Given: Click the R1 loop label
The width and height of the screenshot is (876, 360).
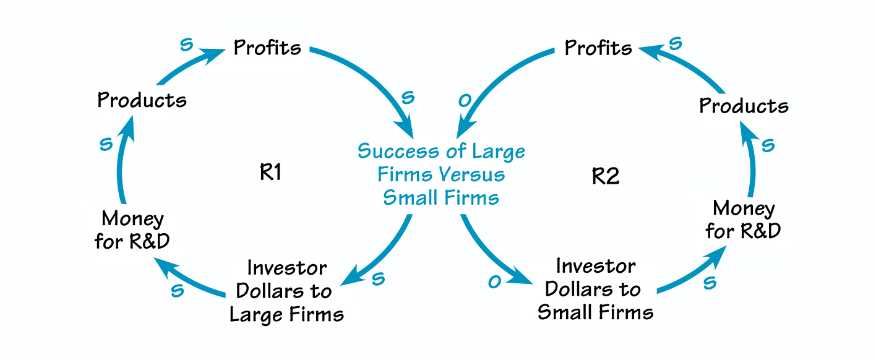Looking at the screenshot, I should tap(270, 173).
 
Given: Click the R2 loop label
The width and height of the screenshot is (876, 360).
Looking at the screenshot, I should tap(606, 176).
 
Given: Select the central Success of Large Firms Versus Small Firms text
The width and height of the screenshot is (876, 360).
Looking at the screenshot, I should tap(441, 174).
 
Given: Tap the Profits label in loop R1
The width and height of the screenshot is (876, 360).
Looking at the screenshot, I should tap(267, 48).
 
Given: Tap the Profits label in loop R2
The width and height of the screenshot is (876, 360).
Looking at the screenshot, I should tap(598, 48).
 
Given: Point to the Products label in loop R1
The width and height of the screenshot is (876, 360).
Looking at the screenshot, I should tap(142, 100).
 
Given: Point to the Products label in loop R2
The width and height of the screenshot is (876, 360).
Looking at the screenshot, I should tap(744, 106).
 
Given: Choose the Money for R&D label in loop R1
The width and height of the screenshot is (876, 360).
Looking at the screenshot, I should tap(132, 229).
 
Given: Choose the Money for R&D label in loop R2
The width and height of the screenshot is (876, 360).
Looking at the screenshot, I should tap(743, 220).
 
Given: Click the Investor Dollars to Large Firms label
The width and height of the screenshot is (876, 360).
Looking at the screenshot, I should tap(286, 291).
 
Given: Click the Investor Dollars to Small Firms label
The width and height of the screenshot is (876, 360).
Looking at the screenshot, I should tap(595, 289).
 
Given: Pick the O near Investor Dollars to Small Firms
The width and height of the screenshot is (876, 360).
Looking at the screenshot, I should tap(494, 282).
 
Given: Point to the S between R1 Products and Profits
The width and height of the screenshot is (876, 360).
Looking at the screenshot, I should tap(186, 46).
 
